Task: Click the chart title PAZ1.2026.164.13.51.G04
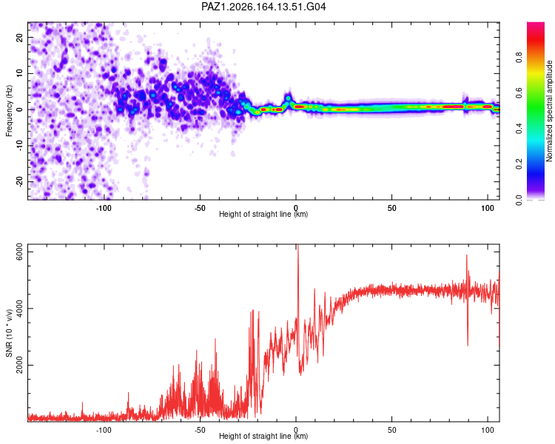(x=263, y=7)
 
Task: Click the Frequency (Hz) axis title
(x=9, y=111)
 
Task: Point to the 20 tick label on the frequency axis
(x=20, y=37)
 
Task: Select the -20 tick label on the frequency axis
(x=20, y=181)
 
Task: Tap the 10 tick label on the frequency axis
(x=20, y=73)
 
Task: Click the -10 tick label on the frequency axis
(x=20, y=145)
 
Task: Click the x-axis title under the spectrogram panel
(x=263, y=214)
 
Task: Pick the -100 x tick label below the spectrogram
(x=104, y=208)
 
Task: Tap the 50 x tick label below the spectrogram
(x=391, y=208)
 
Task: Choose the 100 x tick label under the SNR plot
(x=488, y=430)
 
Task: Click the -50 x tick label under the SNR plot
(x=200, y=430)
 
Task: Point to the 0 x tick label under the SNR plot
(x=296, y=430)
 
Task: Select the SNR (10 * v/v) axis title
(x=9, y=333)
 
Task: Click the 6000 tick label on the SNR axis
(x=20, y=252)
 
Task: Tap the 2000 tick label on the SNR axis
(x=20, y=365)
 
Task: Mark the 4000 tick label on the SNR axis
(x=20, y=309)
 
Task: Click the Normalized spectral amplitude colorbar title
(x=549, y=111)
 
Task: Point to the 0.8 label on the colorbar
(x=519, y=57)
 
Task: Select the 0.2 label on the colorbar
(x=519, y=164)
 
